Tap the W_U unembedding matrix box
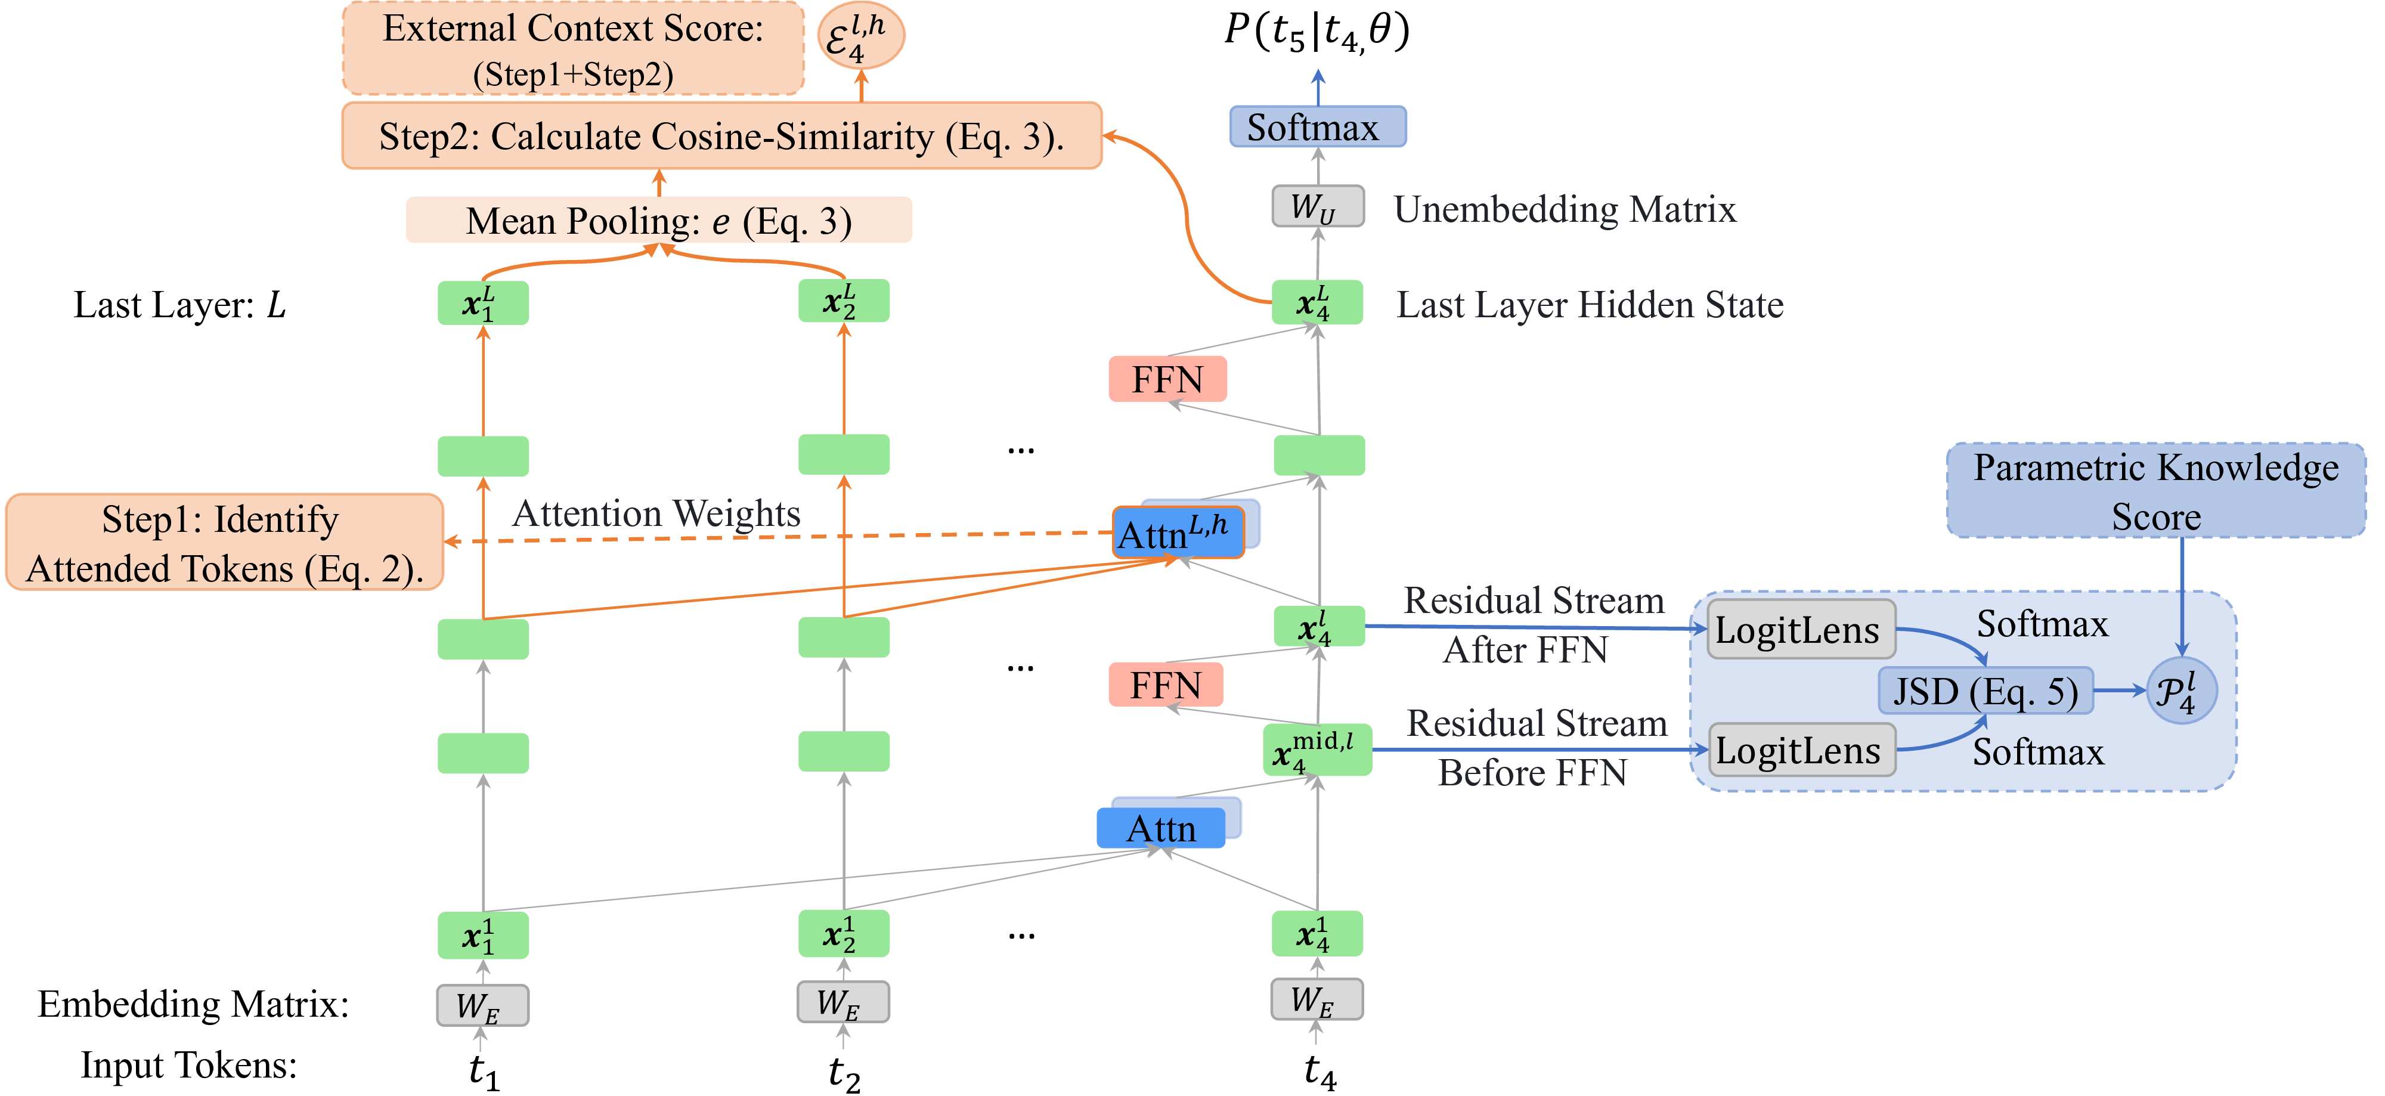(x=1318, y=206)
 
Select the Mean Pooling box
(x=658, y=220)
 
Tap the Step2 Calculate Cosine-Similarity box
(x=721, y=135)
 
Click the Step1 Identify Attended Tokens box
(x=224, y=543)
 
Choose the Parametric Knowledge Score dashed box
(x=2156, y=491)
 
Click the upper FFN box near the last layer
(x=1167, y=379)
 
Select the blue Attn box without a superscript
(x=1161, y=828)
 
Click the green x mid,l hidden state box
(x=1317, y=750)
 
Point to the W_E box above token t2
(x=843, y=1002)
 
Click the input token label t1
(x=484, y=1072)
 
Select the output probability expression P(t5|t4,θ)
(x=1317, y=32)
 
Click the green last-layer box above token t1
(x=482, y=303)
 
